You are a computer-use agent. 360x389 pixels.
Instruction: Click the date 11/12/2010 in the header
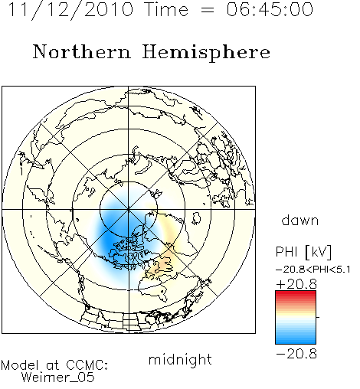pyautogui.click(x=70, y=10)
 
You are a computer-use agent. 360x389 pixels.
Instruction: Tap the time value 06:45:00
pyautogui.click(x=270, y=9)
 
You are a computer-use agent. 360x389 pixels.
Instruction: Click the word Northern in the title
pyautogui.click(x=82, y=51)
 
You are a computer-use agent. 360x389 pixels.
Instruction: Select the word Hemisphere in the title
pyautogui.click(x=206, y=53)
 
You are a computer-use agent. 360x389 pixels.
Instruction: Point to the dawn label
pyautogui.click(x=300, y=221)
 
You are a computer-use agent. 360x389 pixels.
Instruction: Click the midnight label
pyautogui.click(x=180, y=360)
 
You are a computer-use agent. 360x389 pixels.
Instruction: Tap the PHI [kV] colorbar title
pyautogui.click(x=303, y=252)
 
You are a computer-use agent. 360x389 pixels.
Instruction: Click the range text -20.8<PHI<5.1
pyautogui.click(x=313, y=270)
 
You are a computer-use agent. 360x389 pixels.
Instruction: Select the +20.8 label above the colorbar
pyautogui.click(x=296, y=284)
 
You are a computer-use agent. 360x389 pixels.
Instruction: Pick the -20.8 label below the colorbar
pyautogui.click(x=296, y=354)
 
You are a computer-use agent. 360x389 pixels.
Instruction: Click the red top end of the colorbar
pyautogui.click(x=296, y=293)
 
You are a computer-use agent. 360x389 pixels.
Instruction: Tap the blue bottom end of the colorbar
pyautogui.click(x=296, y=342)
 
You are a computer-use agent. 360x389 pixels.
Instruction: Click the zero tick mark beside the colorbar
pyautogui.click(x=318, y=317)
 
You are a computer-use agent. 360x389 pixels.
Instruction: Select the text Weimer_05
pyautogui.click(x=58, y=377)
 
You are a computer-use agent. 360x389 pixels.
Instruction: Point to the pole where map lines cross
pyautogui.click(x=129, y=210)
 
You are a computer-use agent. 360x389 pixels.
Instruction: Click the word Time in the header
pyautogui.click(x=166, y=9)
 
